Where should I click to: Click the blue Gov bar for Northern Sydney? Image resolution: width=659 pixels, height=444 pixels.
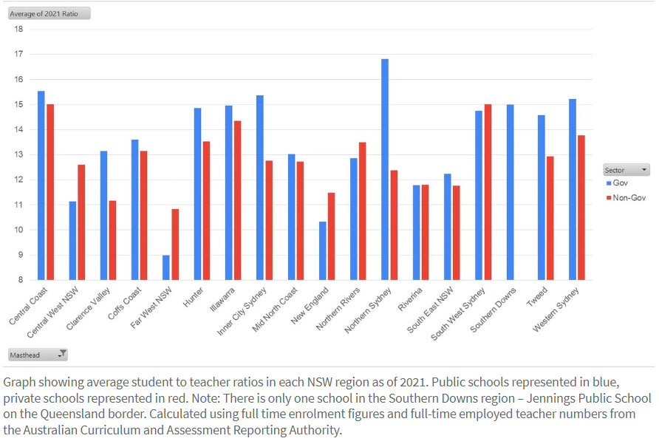pos(385,169)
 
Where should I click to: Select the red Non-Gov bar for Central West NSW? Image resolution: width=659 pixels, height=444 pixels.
pos(81,222)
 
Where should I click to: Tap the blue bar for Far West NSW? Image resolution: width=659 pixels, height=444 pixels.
pos(166,267)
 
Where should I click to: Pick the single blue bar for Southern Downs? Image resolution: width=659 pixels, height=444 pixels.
pos(510,192)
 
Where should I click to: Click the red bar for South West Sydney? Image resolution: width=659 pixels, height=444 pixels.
pos(488,192)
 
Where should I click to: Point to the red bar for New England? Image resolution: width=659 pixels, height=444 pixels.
pos(332,236)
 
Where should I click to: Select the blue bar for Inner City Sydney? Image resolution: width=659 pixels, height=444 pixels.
pos(259,188)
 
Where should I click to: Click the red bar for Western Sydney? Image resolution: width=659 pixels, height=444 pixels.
pos(581,208)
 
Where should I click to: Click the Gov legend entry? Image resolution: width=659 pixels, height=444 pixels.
pos(619,182)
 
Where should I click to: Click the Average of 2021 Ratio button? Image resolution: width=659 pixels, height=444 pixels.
pos(49,13)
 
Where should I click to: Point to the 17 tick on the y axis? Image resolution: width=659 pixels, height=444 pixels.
pos(19,54)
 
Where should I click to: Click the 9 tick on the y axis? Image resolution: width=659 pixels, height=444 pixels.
pos(19,255)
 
